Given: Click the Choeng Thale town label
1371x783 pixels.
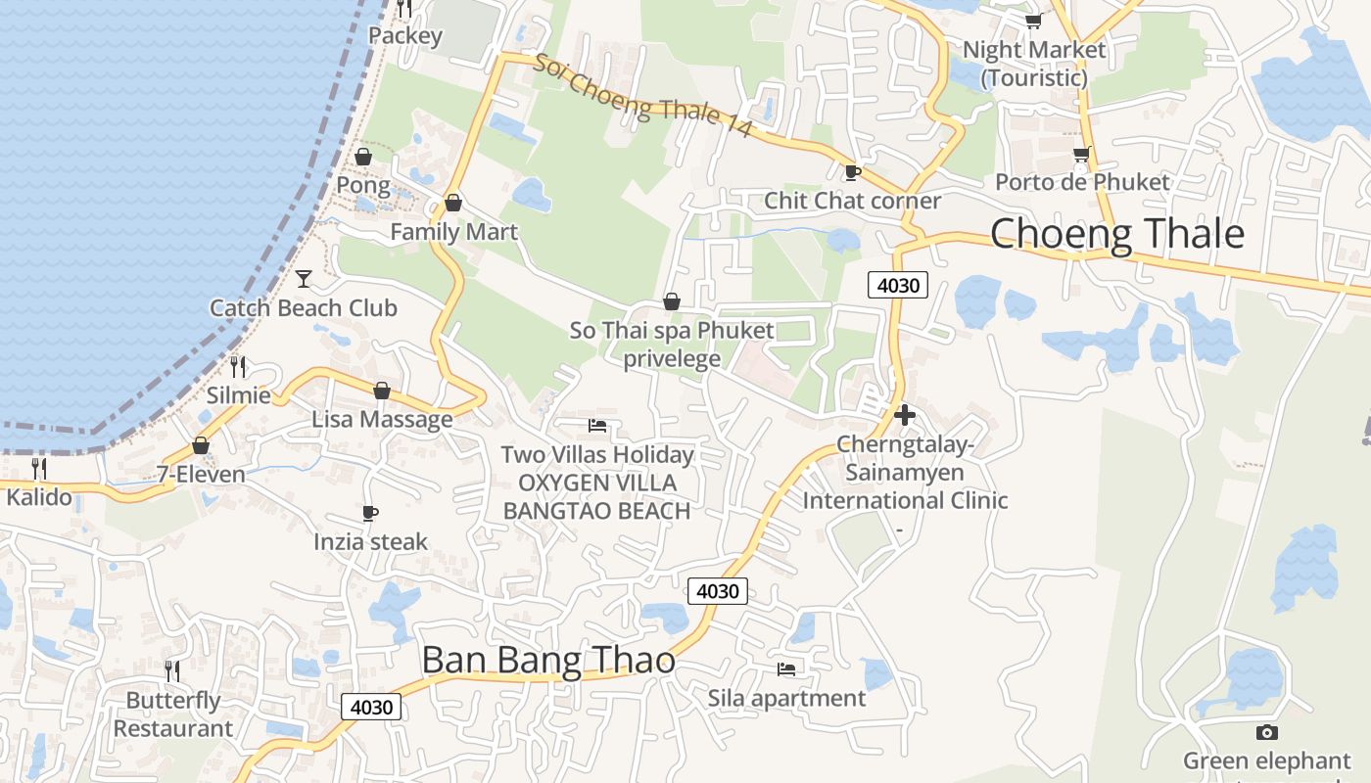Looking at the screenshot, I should [x=1117, y=235].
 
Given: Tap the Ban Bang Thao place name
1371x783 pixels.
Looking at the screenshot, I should [x=548, y=661].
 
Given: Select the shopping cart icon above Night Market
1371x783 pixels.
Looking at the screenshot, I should [x=1033, y=21].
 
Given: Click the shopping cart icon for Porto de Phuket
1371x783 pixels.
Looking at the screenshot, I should [x=1081, y=154].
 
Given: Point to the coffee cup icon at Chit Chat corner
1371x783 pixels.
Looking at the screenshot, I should [x=852, y=172].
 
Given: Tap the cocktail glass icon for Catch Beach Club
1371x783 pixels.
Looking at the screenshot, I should [x=304, y=279].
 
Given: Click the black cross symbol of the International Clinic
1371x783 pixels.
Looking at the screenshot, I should [x=905, y=415].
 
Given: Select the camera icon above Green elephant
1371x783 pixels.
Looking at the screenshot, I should [x=1266, y=732].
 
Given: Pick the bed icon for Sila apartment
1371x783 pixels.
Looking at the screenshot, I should [x=786, y=669].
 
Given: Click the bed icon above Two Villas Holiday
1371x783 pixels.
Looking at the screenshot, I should [x=597, y=425].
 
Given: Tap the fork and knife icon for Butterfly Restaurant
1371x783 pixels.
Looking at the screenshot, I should [x=172, y=671].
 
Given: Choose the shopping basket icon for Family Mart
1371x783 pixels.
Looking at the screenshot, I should [x=453, y=204].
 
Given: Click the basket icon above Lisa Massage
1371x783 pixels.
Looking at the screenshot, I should [x=382, y=391].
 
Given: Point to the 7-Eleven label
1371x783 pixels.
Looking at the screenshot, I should [x=201, y=475].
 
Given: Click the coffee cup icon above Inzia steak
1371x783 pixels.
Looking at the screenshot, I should [x=370, y=513].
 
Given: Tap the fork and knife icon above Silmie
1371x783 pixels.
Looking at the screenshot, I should [x=238, y=367].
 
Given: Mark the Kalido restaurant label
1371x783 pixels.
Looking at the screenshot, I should [x=39, y=497].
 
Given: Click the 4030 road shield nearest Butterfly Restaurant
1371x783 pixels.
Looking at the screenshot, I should [x=371, y=707].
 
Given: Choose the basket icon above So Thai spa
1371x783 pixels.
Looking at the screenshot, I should [x=672, y=301].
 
